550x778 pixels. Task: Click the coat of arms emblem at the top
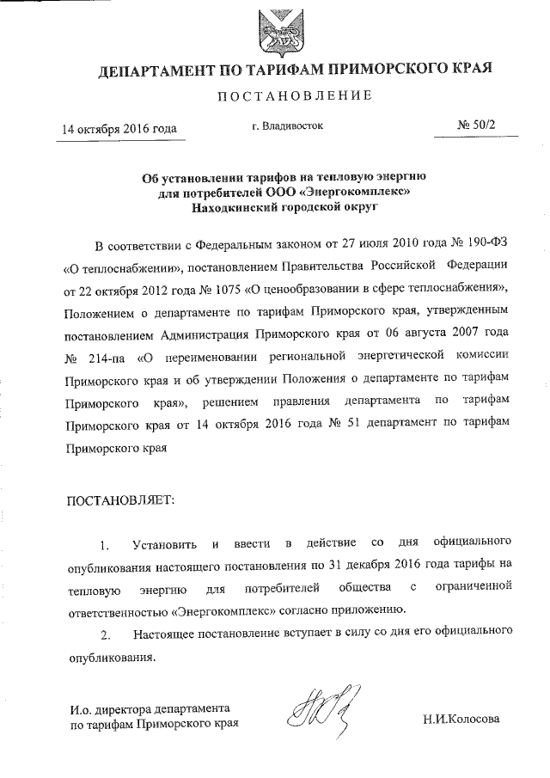(x=275, y=30)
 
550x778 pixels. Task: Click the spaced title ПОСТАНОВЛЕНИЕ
(x=275, y=95)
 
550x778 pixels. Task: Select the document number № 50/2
(x=478, y=126)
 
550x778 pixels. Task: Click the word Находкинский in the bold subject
(x=232, y=206)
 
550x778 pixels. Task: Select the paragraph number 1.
(x=104, y=545)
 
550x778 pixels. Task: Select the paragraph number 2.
(x=104, y=635)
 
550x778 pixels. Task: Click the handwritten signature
(x=317, y=710)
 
